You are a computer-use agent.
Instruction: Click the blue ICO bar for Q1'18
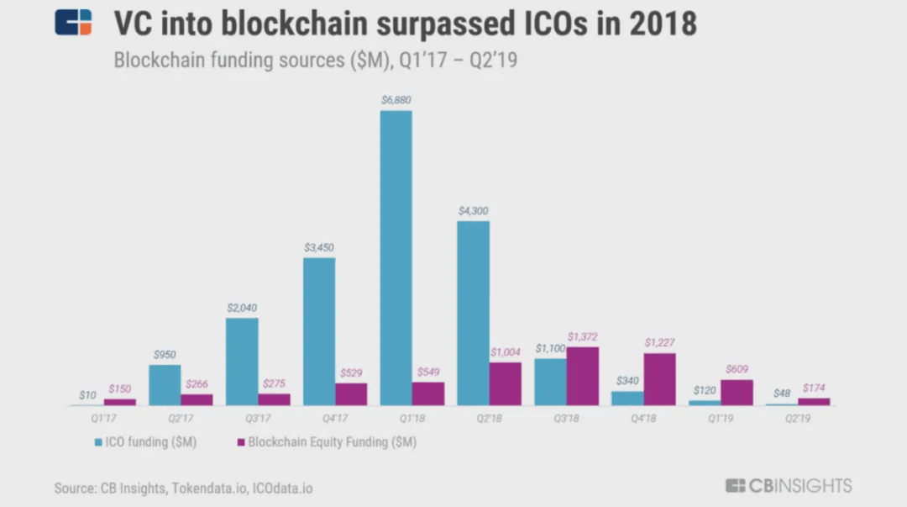tap(396, 258)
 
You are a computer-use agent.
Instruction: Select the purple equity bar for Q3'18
tap(583, 376)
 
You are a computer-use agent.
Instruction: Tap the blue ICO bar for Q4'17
tap(319, 331)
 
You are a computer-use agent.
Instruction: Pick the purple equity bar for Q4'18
tap(659, 379)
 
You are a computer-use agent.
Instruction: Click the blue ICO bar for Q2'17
tap(165, 384)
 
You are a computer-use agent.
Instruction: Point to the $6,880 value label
tap(396, 100)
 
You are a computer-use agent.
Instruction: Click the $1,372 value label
tap(583, 337)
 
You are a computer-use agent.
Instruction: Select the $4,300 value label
tap(473, 211)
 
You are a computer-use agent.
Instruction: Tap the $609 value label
tap(737, 369)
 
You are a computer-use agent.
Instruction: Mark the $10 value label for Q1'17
tap(87, 394)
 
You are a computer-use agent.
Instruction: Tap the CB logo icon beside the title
tap(73, 23)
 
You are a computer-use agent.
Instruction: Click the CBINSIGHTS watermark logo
tap(789, 486)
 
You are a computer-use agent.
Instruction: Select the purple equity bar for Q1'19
tap(737, 392)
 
